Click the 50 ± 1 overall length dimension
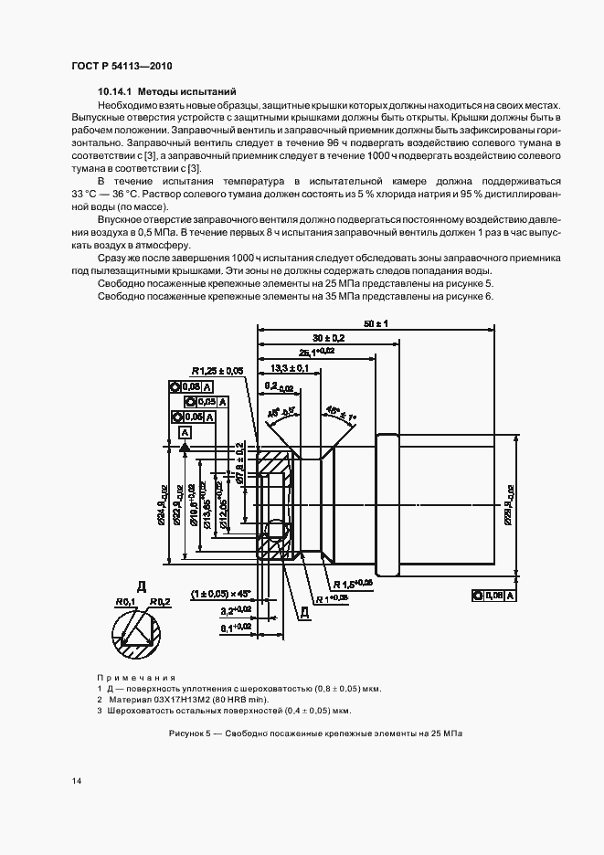[376, 324]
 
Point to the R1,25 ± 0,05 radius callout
[217, 371]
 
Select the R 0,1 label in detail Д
[124, 601]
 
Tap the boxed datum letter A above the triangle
[185, 431]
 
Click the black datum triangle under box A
[185, 448]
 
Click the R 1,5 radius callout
[352, 582]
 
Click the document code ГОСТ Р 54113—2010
[122, 67]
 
